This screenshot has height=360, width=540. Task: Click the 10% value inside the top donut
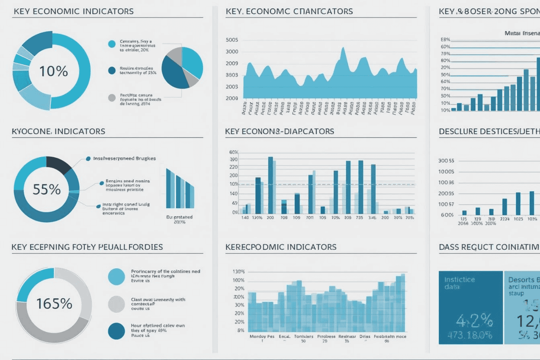[53, 71]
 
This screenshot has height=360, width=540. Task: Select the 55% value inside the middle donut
[47, 189]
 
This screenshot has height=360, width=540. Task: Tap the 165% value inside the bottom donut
[54, 304]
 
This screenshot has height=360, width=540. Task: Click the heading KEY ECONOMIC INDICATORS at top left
[73, 11]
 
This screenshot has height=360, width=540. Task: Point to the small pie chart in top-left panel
[182, 68]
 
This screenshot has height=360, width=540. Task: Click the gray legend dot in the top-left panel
[112, 98]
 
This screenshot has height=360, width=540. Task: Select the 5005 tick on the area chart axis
[232, 40]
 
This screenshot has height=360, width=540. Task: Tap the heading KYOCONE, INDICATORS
[58, 131]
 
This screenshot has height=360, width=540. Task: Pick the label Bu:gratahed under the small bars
[179, 217]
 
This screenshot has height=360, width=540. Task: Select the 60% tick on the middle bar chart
[233, 152]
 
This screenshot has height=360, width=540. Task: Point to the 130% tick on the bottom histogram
[238, 272]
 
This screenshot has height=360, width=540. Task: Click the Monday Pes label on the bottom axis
[262, 336]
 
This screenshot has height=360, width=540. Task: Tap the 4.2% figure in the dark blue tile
[474, 320]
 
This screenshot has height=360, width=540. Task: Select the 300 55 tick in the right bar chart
[446, 161]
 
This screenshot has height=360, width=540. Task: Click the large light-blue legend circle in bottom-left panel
[116, 276]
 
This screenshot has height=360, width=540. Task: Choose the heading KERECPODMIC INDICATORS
[281, 247]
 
